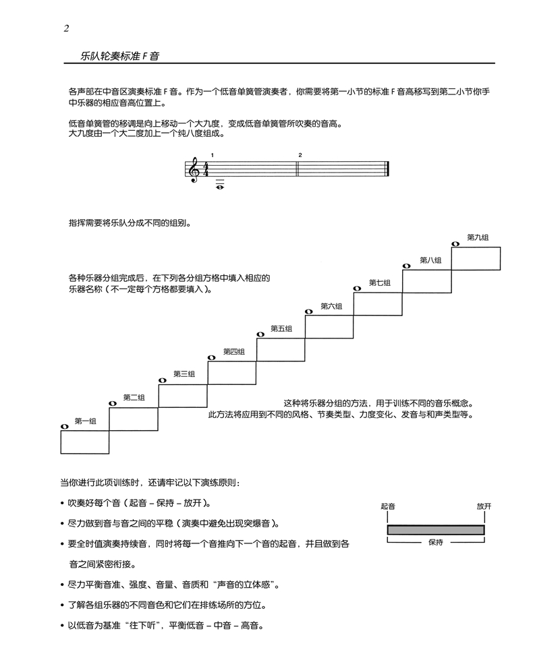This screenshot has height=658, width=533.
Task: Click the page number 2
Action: (x=66, y=28)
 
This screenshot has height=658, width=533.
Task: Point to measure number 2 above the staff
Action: (x=300, y=155)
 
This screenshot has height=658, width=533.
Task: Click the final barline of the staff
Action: (x=387, y=169)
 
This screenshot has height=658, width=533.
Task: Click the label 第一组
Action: (x=85, y=421)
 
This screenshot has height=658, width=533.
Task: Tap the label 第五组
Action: (x=281, y=328)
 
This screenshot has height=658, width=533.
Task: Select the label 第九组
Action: (x=478, y=237)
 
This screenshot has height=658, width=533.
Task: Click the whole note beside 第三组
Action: (x=162, y=380)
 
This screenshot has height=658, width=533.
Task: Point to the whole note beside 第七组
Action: (x=358, y=289)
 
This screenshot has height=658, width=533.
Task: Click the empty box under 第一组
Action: (x=85, y=442)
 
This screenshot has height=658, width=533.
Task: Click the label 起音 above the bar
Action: (x=388, y=505)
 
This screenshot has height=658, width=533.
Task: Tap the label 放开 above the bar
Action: (x=483, y=505)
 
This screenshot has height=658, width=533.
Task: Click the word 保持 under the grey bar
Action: (x=436, y=541)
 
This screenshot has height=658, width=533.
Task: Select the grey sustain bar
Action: (x=436, y=530)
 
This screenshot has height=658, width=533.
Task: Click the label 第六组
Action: (x=331, y=306)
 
